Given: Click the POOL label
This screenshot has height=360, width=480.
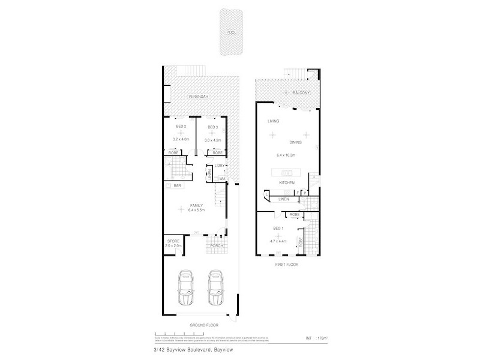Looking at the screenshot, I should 230,34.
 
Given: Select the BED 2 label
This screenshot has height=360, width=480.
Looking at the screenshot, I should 181,127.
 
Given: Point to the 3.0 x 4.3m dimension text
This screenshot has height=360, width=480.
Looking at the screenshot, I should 213,140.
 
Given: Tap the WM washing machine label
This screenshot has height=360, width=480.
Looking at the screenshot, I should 221,178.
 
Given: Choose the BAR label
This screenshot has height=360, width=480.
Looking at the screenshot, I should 177,186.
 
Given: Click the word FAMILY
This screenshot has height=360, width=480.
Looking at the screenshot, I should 196,205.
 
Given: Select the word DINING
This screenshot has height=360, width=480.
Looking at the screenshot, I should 295,143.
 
